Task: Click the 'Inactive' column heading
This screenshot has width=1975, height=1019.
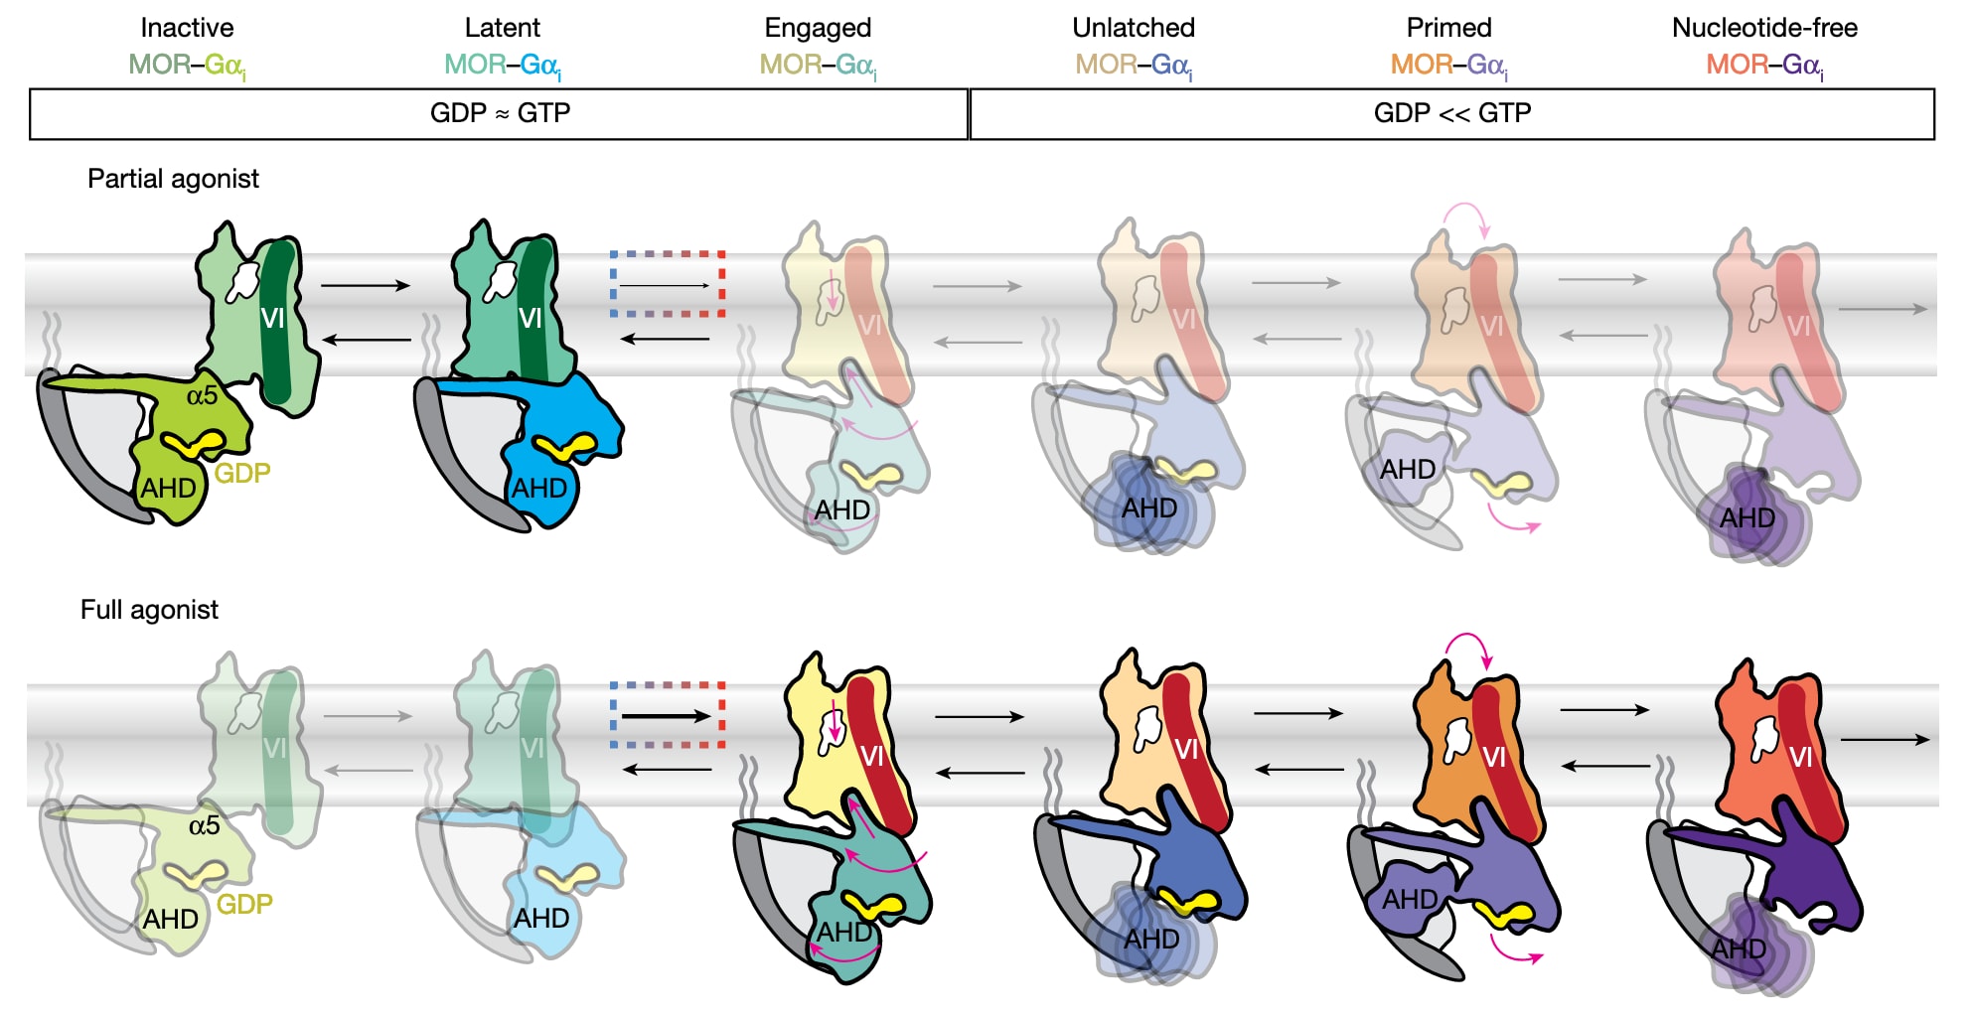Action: coord(187,28)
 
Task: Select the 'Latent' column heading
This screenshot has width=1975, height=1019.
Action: coord(502,28)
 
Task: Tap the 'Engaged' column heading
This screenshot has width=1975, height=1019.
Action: coord(818,28)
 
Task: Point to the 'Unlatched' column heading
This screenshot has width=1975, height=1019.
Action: coord(1134,28)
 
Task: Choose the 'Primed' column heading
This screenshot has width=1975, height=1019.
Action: coord(1448,28)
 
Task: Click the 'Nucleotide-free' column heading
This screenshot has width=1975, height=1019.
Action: coord(1764,28)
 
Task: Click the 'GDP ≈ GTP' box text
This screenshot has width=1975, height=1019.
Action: coord(500,113)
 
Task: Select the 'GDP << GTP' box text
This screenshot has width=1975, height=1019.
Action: coord(1451,113)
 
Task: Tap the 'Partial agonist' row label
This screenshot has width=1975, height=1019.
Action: coord(173,179)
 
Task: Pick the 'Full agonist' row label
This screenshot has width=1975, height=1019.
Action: coord(149,610)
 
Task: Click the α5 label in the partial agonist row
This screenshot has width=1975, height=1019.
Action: coord(202,395)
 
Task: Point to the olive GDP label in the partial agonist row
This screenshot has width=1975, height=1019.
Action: coord(242,473)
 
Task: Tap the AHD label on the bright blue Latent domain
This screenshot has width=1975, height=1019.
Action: coord(539,488)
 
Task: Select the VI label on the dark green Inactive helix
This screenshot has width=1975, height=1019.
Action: coord(272,318)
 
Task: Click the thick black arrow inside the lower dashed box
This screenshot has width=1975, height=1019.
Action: coord(666,716)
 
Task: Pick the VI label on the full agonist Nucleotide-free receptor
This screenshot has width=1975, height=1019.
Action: coord(1800,758)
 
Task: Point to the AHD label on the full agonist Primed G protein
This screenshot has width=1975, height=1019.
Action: coord(1410,899)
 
